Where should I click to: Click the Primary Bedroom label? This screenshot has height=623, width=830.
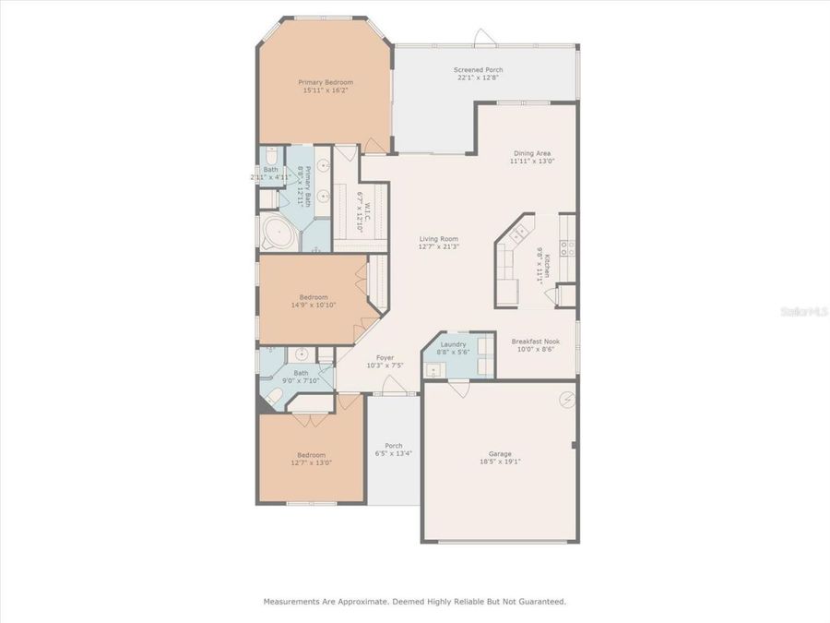[x=325, y=82]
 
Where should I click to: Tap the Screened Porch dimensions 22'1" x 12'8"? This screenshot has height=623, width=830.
[x=477, y=78]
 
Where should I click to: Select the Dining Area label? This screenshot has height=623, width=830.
[x=532, y=153]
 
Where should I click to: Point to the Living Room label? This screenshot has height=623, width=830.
[x=439, y=238]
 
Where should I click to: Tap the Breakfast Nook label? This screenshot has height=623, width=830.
[x=535, y=341]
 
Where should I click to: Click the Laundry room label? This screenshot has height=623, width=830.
[x=452, y=344]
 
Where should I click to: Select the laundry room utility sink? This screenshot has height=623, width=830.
[x=433, y=371]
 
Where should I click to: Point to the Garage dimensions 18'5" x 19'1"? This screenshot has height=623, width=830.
[x=500, y=462]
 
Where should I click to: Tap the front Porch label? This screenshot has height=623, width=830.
[x=394, y=446]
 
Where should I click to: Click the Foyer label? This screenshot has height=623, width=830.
[x=385, y=357]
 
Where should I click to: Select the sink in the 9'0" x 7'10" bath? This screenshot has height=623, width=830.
[x=301, y=354]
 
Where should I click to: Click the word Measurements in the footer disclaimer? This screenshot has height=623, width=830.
[x=292, y=601]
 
